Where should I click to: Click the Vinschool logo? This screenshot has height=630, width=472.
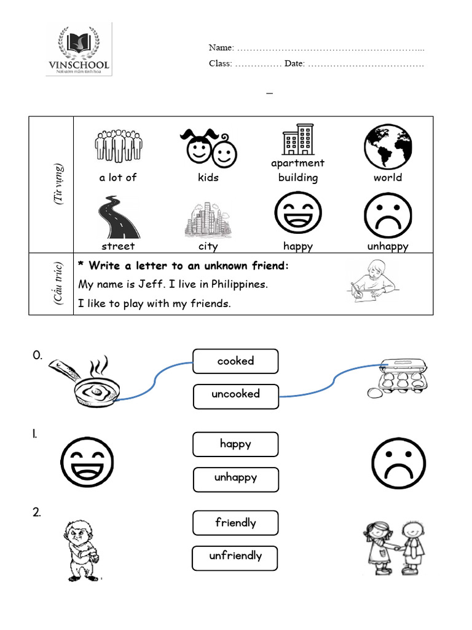(79, 49)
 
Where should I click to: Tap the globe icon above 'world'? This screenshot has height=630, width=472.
(388, 146)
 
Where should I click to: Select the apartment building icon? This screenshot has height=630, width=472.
(298, 140)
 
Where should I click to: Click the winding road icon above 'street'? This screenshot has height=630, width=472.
(117, 217)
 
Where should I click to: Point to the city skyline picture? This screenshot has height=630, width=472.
(207, 219)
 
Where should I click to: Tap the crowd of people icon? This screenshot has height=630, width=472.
(119, 145)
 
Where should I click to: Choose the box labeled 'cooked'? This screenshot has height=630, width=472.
(235, 361)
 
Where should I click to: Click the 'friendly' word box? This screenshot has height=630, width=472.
(235, 523)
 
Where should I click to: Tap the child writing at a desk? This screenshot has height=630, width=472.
(372, 281)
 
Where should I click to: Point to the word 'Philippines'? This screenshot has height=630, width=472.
(238, 285)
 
